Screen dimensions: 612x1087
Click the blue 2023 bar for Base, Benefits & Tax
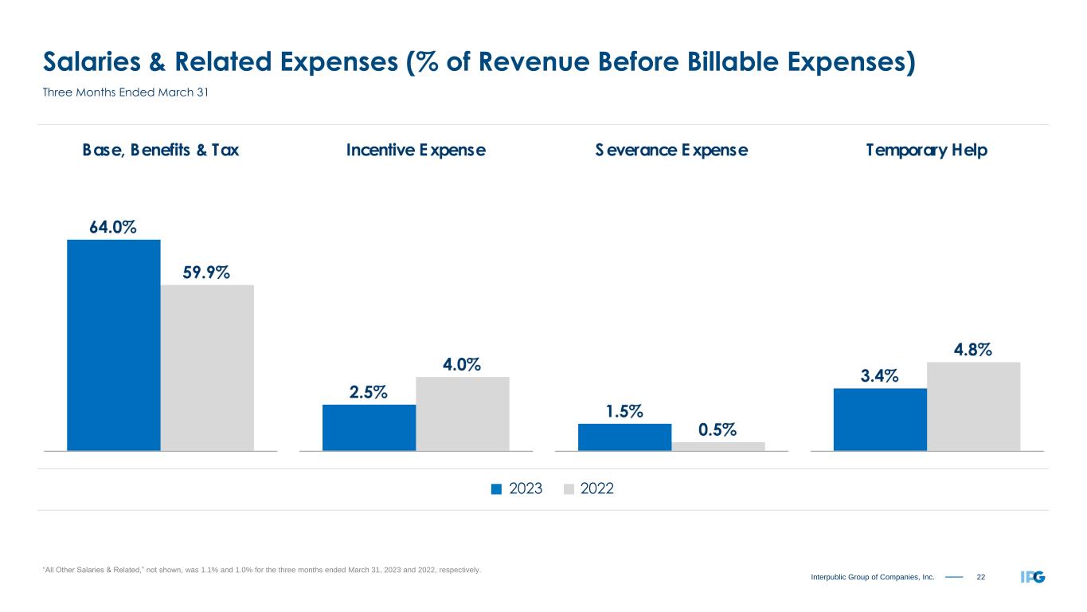(114, 345)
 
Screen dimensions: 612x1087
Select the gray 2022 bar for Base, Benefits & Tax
(207, 367)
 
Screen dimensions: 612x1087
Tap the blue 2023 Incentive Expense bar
(369, 427)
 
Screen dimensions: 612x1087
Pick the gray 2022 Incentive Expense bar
(463, 414)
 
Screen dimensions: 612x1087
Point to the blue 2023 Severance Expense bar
(624, 437)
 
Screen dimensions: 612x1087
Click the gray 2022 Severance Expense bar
(718, 446)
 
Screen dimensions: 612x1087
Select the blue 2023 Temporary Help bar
(880, 419)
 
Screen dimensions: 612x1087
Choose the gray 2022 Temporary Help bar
(974, 406)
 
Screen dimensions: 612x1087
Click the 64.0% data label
(113, 227)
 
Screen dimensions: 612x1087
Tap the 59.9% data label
(207, 273)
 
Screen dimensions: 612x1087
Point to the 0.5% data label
(717, 430)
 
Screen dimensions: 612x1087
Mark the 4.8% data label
(973, 350)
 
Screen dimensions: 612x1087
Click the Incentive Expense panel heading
(416, 150)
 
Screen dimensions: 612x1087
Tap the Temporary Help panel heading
(927, 150)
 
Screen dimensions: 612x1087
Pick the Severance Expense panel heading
(671, 150)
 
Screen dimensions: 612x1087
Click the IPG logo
(1033, 577)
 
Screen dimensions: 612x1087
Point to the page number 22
(981, 577)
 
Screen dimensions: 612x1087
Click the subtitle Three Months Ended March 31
(124, 93)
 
